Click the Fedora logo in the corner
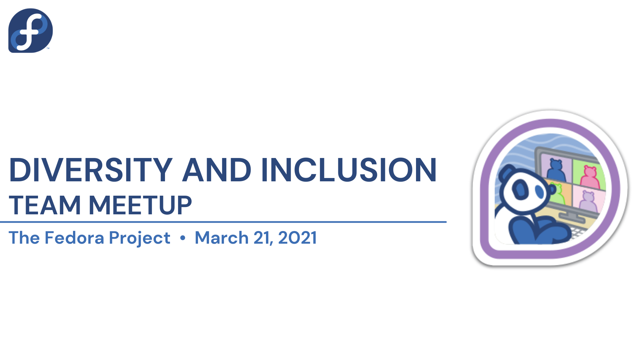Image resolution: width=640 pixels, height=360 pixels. coord(30,30)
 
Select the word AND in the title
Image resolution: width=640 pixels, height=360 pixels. coord(216,170)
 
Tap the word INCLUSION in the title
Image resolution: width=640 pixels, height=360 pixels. coord(349,170)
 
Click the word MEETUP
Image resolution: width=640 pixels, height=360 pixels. coord(140,205)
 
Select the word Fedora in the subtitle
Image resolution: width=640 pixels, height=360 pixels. coord(74,238)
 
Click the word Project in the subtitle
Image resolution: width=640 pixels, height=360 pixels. coord(140,239)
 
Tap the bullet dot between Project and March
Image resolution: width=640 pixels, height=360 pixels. coord(182,238)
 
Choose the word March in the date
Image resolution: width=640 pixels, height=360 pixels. coord(222,238)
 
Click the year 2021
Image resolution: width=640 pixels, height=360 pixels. coord(297,238)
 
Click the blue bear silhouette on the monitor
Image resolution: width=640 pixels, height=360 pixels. coord(556,170)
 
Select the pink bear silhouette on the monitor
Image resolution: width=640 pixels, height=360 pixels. coord(590,177)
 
